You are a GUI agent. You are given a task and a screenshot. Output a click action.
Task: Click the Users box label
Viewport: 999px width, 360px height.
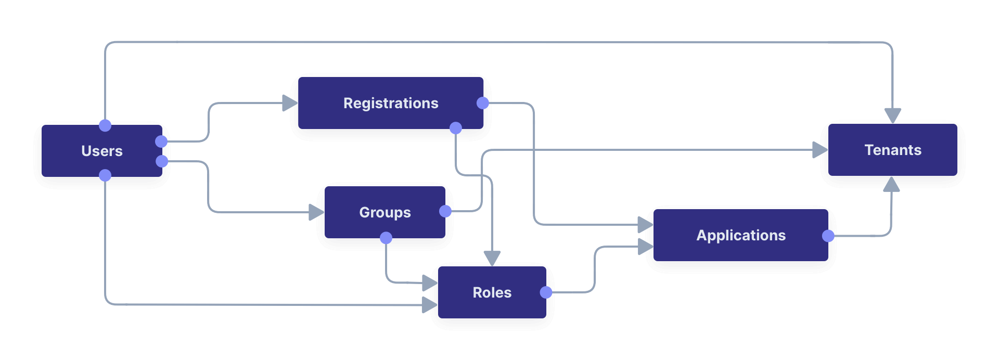click(x=102, y=151)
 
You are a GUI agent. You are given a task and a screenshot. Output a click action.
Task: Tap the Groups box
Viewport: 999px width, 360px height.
click(x=385, y=212)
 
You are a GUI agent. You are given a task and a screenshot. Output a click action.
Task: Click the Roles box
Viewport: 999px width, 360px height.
click(x=492, y=292)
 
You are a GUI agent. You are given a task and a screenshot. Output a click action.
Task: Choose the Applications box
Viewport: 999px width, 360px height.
click(x=740, y=235)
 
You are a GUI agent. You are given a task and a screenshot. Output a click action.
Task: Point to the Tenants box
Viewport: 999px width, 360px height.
click(x=892, y=150)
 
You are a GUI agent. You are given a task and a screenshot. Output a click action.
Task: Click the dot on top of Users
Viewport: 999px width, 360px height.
click(x=105, y=125)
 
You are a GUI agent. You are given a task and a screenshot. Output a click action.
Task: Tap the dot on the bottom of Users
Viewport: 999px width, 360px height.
click(x=105, y=175)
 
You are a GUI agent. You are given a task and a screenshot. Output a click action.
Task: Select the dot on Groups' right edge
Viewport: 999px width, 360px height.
click(x=445, y=211)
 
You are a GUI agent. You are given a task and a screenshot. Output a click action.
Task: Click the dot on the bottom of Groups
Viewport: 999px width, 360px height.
click(x=386, y=238)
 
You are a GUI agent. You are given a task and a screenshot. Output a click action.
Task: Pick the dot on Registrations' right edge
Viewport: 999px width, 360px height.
click(x=483, y=103)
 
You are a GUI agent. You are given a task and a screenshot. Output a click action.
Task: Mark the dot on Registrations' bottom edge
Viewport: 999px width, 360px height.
click(x=456, y=128)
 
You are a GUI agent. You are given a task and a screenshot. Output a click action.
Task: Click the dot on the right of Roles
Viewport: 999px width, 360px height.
click(x=546, y=292)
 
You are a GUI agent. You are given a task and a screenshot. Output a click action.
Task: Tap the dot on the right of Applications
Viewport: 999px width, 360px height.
click(x=828, y=236)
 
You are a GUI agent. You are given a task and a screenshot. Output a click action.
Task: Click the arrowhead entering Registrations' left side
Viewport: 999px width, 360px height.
click(x=289, y=103)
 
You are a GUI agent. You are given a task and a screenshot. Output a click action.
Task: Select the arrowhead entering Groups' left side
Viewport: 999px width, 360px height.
click(x=316, y=212)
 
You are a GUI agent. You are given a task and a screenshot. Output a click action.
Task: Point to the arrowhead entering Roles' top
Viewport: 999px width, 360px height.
click(x=492, y=258)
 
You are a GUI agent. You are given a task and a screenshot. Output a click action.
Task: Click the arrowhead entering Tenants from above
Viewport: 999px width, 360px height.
click(x=892, y=115)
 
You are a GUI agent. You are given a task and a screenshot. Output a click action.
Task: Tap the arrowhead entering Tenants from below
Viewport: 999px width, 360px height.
click(x=892, y=184)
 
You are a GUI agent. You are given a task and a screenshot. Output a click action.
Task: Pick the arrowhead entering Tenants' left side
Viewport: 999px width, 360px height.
click(x=819, y=150)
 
